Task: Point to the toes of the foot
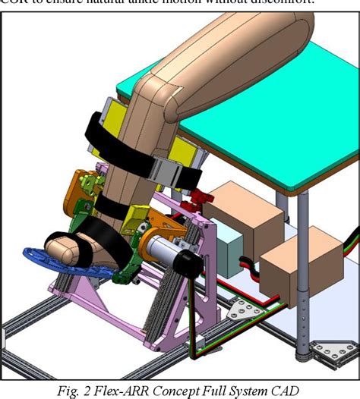coord(53,247)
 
